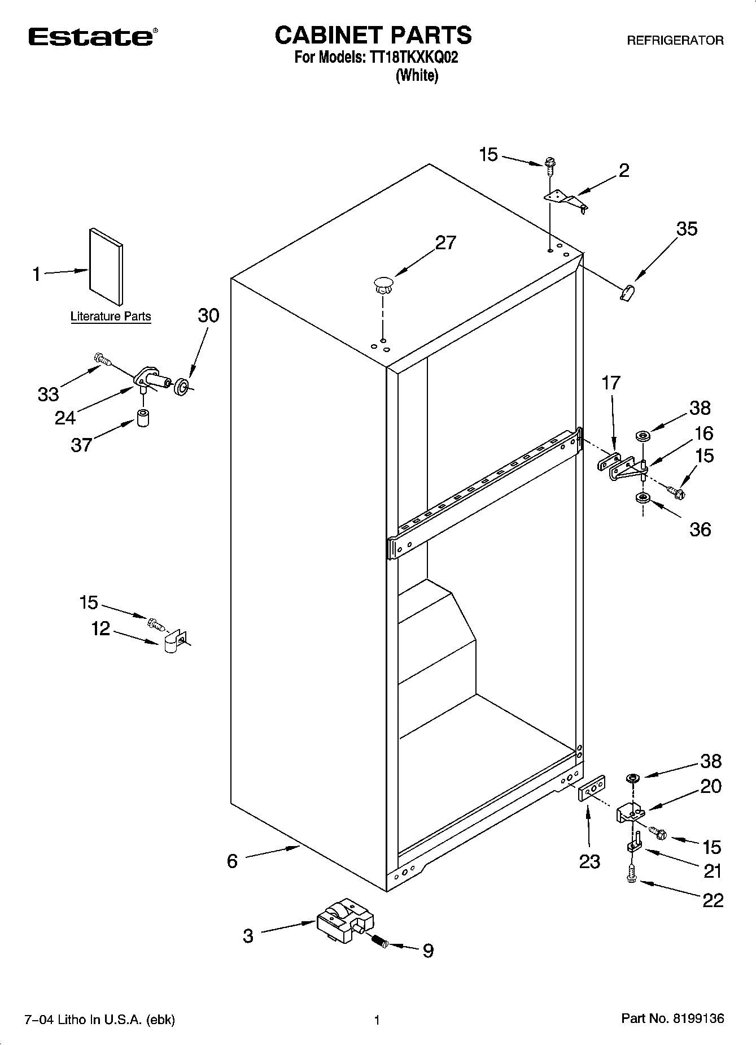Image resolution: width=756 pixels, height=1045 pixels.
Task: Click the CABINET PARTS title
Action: (373, 35)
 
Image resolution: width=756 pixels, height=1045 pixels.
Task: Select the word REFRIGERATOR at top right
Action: (675, 41)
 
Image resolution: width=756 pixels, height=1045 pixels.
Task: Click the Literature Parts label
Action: (111, 316)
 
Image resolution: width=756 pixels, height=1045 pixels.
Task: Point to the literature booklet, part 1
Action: (106, 266)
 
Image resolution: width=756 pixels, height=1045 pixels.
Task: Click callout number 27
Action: (445, 242)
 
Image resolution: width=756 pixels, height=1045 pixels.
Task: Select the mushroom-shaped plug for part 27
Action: (383, 284)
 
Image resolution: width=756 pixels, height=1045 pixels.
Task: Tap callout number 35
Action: (687, 229)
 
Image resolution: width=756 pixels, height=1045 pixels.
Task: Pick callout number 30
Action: (208, 315)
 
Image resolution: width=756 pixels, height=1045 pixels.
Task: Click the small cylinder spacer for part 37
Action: (145, 419)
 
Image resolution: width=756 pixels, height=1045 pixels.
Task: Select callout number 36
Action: (700, 529)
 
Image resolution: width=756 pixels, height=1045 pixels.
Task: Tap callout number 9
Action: (428, 951)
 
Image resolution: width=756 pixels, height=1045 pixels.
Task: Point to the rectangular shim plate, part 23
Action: (592, 788)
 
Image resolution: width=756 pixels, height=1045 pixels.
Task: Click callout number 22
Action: (713, 900)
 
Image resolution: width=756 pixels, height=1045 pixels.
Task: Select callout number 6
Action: (233, 861)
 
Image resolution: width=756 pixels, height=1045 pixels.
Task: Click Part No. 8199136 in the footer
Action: (672, 1019)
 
